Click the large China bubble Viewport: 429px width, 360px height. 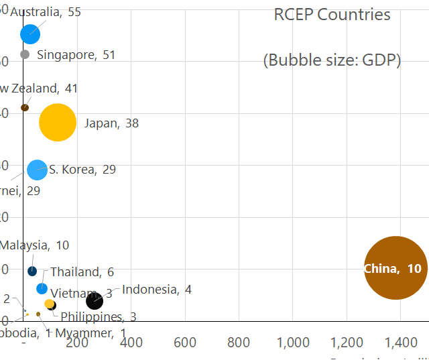[x=395, y=268]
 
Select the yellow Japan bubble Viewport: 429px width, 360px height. [x=58, y=123]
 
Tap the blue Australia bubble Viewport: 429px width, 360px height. [x=30, y=34]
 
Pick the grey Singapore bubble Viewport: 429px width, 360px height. [x=25, y=54]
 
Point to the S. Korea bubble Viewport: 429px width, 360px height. [x=37, y=170]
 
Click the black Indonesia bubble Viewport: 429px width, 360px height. [x=95, y=301]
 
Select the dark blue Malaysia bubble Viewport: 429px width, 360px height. [x=32, y=271]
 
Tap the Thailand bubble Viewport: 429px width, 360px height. [x=42, y=288]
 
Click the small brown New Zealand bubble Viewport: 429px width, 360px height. [x=25, y=107]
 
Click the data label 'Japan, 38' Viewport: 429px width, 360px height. [x=111, y=123]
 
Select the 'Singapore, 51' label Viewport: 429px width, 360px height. [x=76, y=55]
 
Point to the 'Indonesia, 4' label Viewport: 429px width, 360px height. [x=157, y=290]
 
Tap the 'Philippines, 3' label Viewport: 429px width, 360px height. [x=99, y=316]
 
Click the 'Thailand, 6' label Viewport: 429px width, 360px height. [x=82, y=272]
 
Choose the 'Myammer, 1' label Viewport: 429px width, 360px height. [x=90, y=333]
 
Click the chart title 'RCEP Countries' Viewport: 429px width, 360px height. [x=332, y=15]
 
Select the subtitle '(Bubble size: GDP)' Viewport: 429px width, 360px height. [x=332, y=60]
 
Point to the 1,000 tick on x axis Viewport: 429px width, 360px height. [x=293, y=343]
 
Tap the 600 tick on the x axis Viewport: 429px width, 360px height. [x=185, y=343]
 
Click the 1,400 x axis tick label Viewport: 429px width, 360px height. [x=401, y=343]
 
